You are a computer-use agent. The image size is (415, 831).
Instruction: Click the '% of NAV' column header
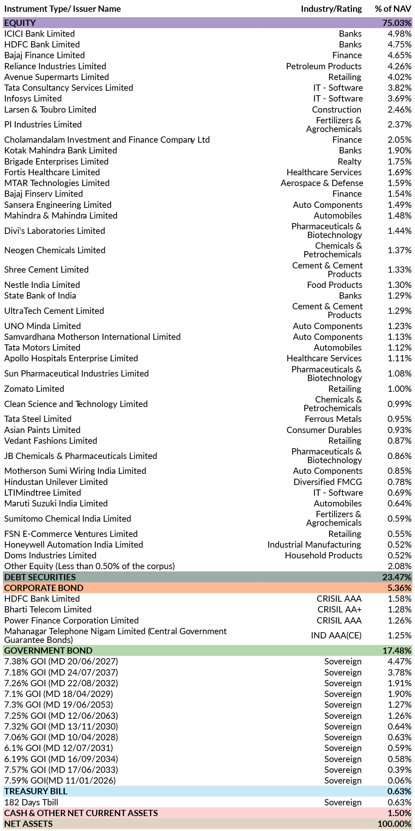click(x=393, y=9)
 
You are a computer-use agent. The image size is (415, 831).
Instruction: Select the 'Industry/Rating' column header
click(x=331, y=9)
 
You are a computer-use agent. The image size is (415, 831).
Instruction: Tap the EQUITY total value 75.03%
click(x=397, y=23)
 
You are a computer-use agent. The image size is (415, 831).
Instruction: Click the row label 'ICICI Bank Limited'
click(x=40, y=34)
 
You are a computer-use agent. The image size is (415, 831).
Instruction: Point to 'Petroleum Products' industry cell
click(x=324, y=66)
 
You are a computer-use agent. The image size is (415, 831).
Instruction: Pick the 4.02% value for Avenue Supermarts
click(x=399, y=77)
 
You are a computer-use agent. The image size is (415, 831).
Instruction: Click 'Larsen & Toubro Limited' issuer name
click(x=50, y=109)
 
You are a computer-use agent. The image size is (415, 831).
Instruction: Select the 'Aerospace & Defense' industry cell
click(x=322, y=183)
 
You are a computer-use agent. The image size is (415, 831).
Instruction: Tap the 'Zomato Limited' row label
click(x=34, y=389)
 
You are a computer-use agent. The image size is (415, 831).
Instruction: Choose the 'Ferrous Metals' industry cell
click(x=333, y=419)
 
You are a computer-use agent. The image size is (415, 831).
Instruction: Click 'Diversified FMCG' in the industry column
click(x=328, y=482)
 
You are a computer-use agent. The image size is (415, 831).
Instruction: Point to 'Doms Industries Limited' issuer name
click(x=50, y=555)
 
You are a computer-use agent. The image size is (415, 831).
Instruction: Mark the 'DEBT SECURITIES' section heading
click(x=40, y=577)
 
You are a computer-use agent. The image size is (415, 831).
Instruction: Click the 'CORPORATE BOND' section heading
click(x=44, y=588)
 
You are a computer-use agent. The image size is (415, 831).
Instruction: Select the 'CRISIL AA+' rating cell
click(x=339, y=609)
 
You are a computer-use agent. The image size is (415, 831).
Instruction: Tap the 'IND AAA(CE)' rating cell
click(x=336, y=635)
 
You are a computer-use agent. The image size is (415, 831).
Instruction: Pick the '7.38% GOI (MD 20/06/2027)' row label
click(x=61, y=661)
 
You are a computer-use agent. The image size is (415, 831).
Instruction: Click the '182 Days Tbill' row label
click(x=31, y=802)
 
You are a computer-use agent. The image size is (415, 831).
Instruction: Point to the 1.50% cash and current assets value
click(x=399, y=813)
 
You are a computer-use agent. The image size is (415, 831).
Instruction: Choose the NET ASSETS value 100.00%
click(x=395, y=824)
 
